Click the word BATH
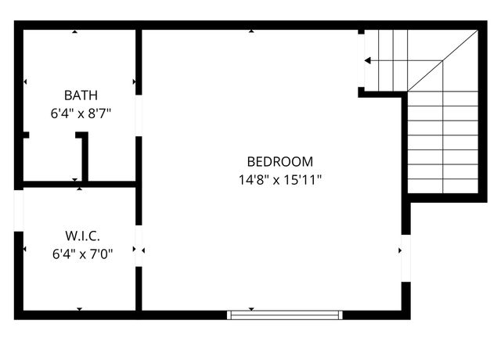coord(81,95)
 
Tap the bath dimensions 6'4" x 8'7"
coord(81,113)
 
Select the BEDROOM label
coord(279,162)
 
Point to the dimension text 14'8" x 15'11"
coord(279,179)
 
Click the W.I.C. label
coord(81,236)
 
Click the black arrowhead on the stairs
coord(368,60)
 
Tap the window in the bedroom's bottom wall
coord(285,315)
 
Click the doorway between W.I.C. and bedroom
coord(139,247)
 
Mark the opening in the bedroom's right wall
coord(405,257)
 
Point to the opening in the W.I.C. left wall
coord(19,210)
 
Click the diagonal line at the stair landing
coord(442,61)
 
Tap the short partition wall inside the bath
coord(84,157)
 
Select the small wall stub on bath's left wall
coord(25,135)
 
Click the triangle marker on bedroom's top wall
coord(251,31)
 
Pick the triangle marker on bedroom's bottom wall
coord(251,308)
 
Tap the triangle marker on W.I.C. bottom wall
coord(79,309)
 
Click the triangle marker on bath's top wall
coord(75,32)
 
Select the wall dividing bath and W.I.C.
coord(78,185)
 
